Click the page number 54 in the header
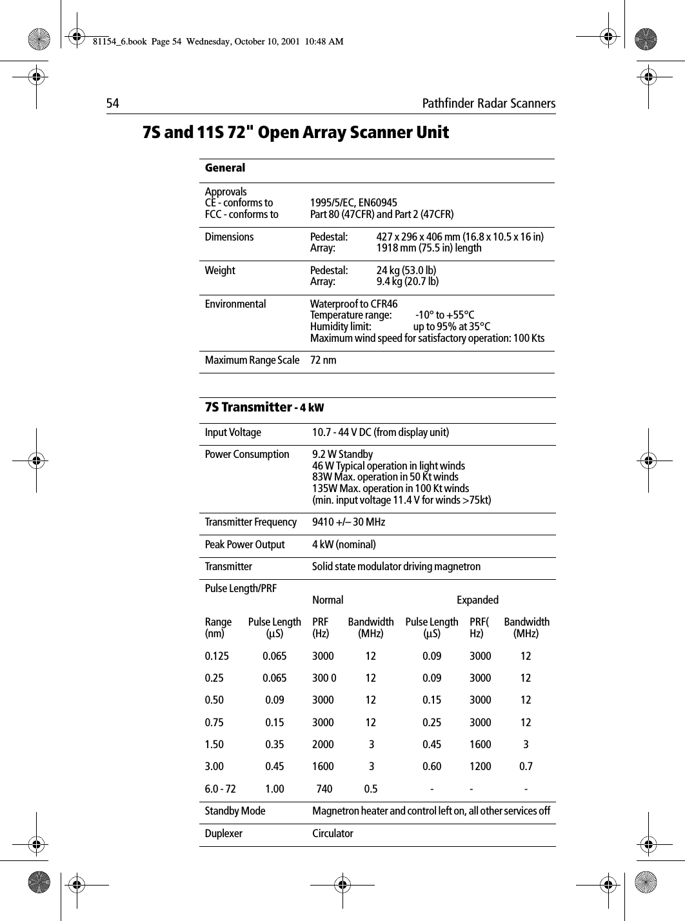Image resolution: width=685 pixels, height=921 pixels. click(x=113, y=104)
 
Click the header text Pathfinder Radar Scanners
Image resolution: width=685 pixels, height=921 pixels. click(x=488, y=104)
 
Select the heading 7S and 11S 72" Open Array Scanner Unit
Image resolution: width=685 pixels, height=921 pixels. click(x=295, y=133)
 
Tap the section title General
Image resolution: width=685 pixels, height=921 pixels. click(x=225, y=168)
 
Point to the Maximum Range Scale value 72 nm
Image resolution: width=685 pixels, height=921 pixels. click(x=323, y=360)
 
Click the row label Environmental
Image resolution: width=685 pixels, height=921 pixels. click(x=235, y=304)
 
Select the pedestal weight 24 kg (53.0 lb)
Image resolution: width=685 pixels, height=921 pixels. click(x=406, y=270)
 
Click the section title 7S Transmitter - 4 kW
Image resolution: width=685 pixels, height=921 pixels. click(x=264, y=408)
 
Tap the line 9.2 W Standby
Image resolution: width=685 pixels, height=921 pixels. click(x=342, y=454)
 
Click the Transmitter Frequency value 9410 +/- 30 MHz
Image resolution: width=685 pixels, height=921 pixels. click(x=348, y=522)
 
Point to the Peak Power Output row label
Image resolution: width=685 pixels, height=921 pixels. click(x=244, y=545)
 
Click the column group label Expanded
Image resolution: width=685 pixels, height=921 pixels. click(x=477, y=600)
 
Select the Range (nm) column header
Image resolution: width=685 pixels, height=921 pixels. click(x=218, y=628)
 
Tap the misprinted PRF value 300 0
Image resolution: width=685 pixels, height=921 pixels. click(x=324, y=678)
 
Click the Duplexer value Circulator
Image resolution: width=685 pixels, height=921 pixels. click(x=333, y=833)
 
